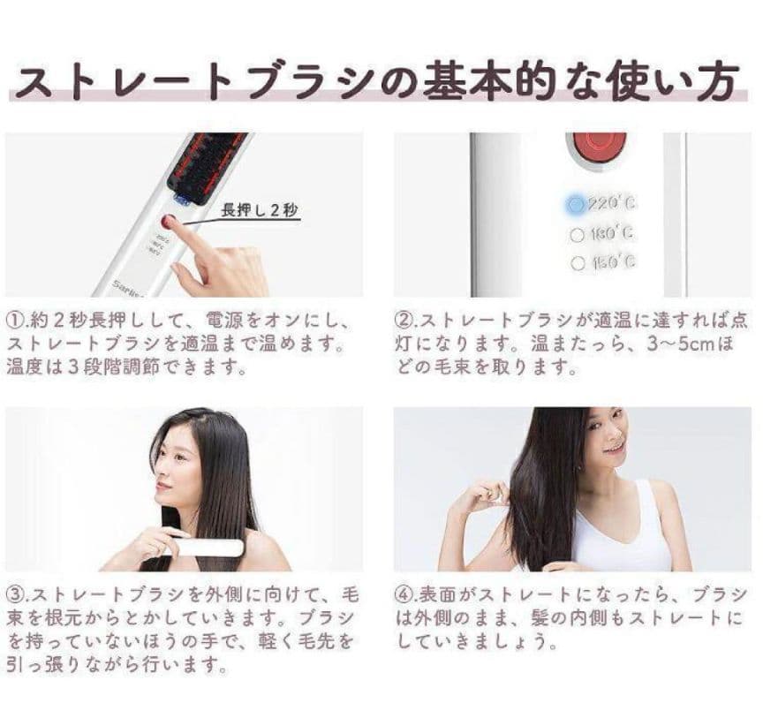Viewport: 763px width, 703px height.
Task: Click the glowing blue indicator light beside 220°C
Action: coord(576,204)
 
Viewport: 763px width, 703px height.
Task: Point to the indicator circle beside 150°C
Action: coord(578,262)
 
